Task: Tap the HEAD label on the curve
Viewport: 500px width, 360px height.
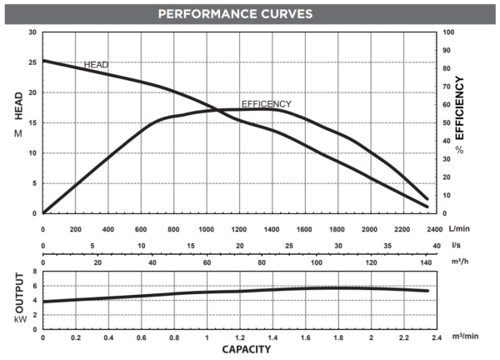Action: tap(96, 65)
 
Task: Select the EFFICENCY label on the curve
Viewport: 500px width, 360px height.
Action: tap(266, 103)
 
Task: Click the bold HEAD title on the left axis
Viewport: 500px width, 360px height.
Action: tap(17, 106)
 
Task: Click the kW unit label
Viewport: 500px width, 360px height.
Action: tap(17, 319)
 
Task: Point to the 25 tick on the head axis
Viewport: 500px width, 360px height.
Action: tap(32, 62)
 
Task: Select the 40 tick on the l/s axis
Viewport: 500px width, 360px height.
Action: tap(436, 246)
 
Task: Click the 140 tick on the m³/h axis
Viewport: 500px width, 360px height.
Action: tap(425, 262)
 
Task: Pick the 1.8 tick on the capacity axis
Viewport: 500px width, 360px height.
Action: tap(337, 339)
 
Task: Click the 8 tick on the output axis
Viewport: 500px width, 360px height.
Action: tap(34, 272)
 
